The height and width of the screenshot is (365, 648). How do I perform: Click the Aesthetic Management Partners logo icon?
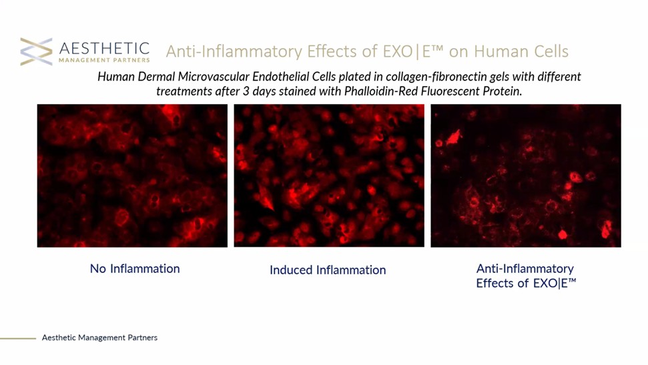point(36,51)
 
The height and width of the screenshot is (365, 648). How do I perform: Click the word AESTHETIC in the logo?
point(104,48)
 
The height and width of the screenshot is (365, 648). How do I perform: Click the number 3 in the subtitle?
point(246,91)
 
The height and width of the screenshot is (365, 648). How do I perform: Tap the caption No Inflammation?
point(135,269)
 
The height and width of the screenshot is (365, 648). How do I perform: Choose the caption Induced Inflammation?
point(328,270)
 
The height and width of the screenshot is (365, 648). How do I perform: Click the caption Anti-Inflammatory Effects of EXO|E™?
point(526,276)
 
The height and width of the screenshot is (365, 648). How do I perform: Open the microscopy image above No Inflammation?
point(132,175)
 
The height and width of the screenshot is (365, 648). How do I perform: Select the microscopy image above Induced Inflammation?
point(329,175)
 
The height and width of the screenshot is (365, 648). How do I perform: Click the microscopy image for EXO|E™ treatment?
point(526,175)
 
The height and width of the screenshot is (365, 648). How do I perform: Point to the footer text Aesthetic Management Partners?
point(99,338)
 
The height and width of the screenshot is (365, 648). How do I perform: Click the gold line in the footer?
point(18,338)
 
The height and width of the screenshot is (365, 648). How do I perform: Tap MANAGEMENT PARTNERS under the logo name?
point(104,60)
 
